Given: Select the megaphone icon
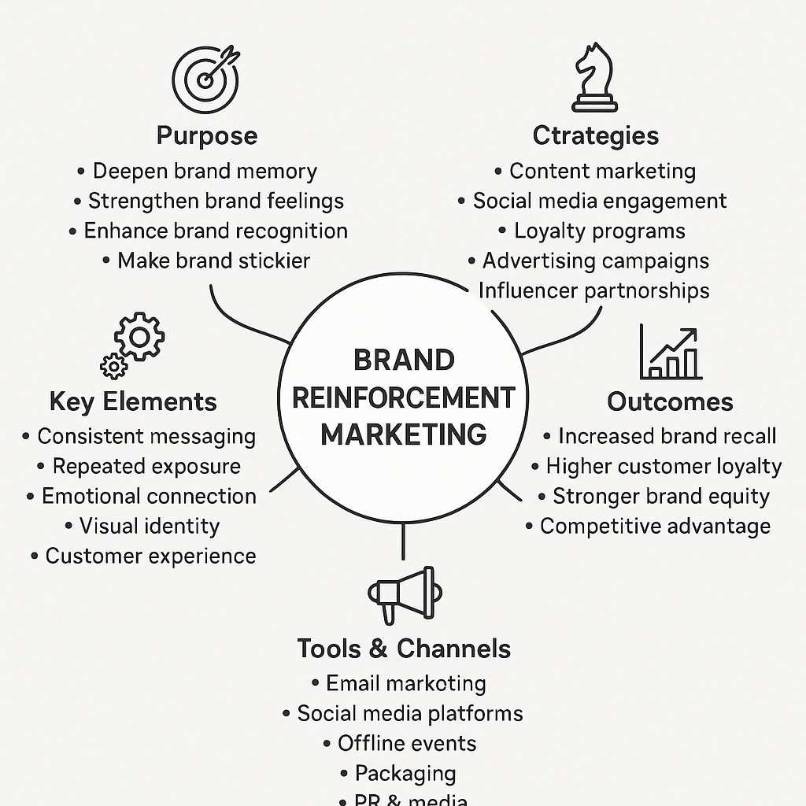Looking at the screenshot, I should [x=401, y=591].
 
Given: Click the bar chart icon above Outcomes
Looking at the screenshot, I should [x=670, y=354].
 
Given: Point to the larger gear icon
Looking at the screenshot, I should [x=139, y=337].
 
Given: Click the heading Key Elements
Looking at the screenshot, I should [x=133, y=401].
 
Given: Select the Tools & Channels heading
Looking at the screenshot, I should [x=404, y=649].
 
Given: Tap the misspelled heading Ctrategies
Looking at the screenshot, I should [x=596, y=135].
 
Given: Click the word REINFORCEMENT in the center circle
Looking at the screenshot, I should [x=404, y=397].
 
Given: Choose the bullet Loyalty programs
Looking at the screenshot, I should [x=599, y=231].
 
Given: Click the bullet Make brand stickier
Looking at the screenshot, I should [x=213, y=261].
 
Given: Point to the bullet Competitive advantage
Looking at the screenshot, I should [x=655, y=526].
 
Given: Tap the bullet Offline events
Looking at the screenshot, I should [x=407, y=743].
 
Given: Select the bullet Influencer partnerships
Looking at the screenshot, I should [x=593, y=290].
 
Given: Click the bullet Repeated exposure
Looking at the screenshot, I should [x=145, y=466].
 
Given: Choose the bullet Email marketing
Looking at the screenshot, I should [x=405, y=683].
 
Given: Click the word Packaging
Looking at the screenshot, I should [x=405, y=773].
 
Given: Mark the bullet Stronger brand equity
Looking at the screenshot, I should [x=660, y=496].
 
